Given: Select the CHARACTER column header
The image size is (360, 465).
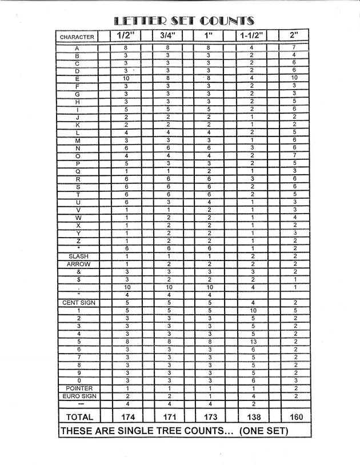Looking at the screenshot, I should pyautogui.click(x=78, y=37).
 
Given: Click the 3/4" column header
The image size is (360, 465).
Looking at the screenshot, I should pyautogui.click(x=167, y=36).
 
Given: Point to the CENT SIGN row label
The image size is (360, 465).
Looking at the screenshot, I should pyautogui.click(x=78, y=303).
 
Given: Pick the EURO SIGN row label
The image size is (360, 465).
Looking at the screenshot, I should pyautogui.click(x=78, y=396).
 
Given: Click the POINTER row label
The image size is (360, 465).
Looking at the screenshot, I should pyautogui.click(x=78, y=388).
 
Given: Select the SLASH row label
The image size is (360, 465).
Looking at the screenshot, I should pyautogui.click(x=78, y=256).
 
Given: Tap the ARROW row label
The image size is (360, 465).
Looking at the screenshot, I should pyautogui.click(x=78, y=264).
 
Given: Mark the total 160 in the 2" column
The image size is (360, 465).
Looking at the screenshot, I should pyautogui.click(x=295, y=417).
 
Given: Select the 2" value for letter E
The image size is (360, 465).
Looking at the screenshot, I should pyautogui.click(x=294, y=78).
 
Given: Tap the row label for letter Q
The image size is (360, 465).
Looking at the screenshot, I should pyautogui.click(x=78, y=171).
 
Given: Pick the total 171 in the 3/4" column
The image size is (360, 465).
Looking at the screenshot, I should pyautogui.click(x=167, y=417).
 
